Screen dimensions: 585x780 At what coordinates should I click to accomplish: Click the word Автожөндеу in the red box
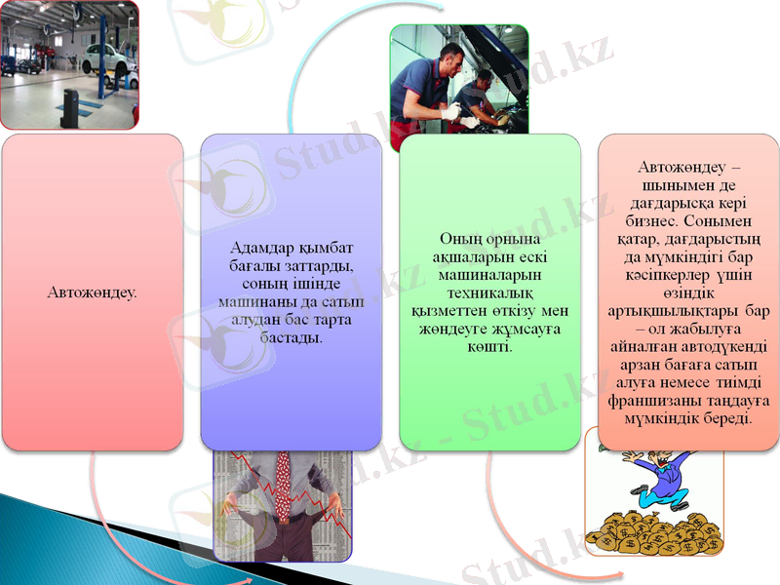[x=91, y=292]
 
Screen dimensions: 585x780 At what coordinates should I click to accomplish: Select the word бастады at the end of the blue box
[x=292, y=337]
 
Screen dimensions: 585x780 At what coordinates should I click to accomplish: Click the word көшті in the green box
[x=491, y=347]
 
